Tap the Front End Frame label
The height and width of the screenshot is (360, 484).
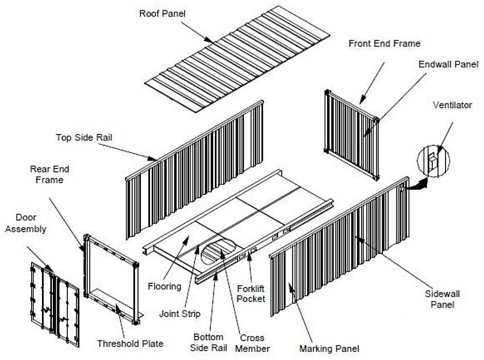[x=385, y=43]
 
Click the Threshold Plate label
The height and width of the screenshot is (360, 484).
[x=130, y=343]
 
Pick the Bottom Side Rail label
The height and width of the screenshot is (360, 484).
[x=208, y=342]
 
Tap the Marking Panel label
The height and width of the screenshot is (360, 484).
[x=329, y=348]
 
